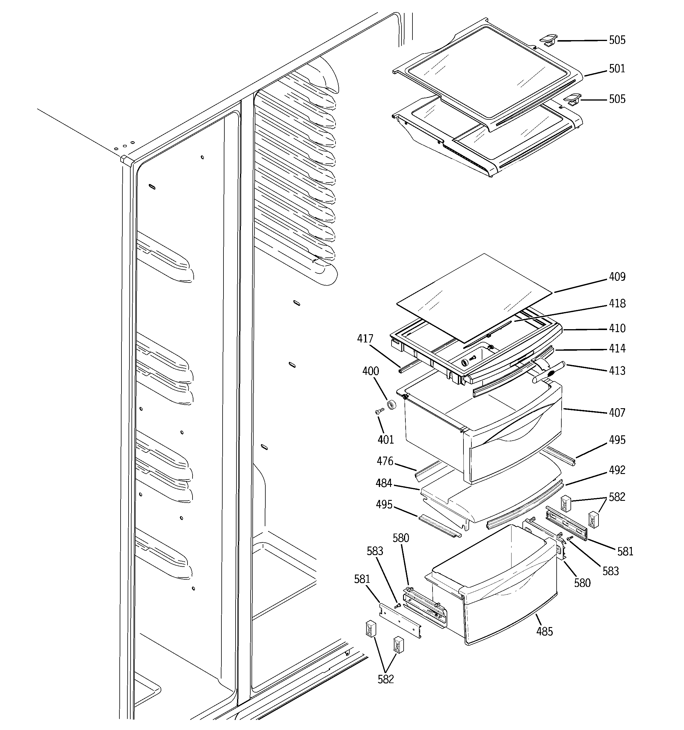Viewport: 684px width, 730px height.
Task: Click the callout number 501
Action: point(617,69)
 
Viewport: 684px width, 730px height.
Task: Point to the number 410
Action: point(617,328)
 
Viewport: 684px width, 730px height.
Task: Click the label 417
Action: point(365,338)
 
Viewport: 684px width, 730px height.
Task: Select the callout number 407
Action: point(617,412)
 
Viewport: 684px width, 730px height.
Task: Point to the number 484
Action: point(384,483)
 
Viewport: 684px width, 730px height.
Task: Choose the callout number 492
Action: point(617,470)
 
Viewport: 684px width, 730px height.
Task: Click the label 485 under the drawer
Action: point(545,631)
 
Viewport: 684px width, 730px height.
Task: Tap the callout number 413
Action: point(617,370)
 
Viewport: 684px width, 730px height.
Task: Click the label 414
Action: point(617,348)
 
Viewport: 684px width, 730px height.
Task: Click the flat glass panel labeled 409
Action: point(473,294)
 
